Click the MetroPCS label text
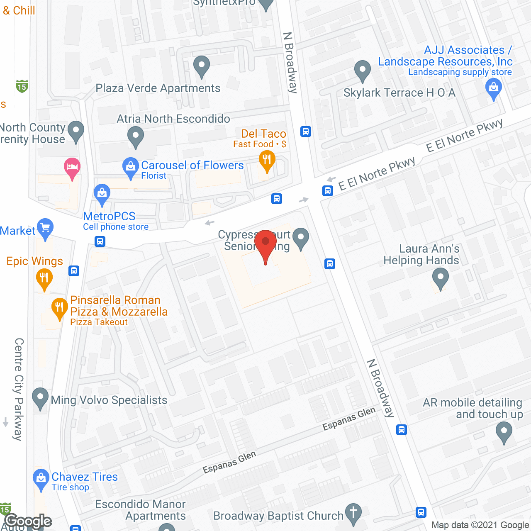click(x=109, y=216)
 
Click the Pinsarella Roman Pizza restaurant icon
click(x=59, y=308)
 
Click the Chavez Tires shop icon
click(x=41, y=479)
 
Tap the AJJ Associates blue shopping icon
click(x=494, y=89)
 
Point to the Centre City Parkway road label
click(x=19, y=389)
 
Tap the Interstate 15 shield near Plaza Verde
click(x=22, y=86)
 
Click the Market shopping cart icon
click(x=45, y=228)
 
